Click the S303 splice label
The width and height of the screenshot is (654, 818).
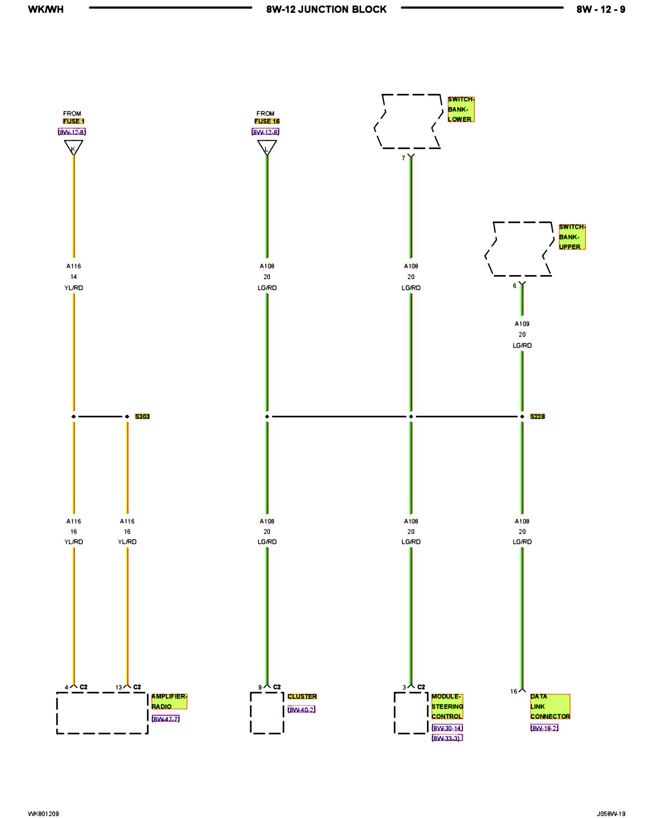[x=142, y=416]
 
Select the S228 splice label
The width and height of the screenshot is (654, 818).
[x=537, y=416]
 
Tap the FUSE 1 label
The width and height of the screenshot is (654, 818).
[x=73, y=121]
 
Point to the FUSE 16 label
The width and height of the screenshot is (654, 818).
[x=267, y=121]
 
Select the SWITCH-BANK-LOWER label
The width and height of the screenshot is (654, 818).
[x=461, y=109]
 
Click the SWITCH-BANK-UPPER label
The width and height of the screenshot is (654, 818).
[x=572, y=237]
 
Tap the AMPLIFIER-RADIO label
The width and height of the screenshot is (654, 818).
[x=169, y=701]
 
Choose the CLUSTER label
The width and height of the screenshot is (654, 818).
[x=302, y=696]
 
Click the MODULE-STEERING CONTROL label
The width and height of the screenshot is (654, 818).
[x=447, y=706]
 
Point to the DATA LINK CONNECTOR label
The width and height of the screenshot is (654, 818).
[x=549, y=706]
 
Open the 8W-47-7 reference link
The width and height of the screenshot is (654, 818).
[x=165, y=719]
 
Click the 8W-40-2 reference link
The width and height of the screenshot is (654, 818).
[x=301, y=710]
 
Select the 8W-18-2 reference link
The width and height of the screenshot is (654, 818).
[x=544, y=728]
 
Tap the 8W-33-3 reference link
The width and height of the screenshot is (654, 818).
[x=447, y=738]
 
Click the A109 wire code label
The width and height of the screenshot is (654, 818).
[x=522, y=324]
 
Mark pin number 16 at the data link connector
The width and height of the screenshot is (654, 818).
[x=513, y=691]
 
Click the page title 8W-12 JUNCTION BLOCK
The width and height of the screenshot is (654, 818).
[x=326, y=9]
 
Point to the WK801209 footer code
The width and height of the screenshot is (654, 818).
[x=43, y=814]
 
